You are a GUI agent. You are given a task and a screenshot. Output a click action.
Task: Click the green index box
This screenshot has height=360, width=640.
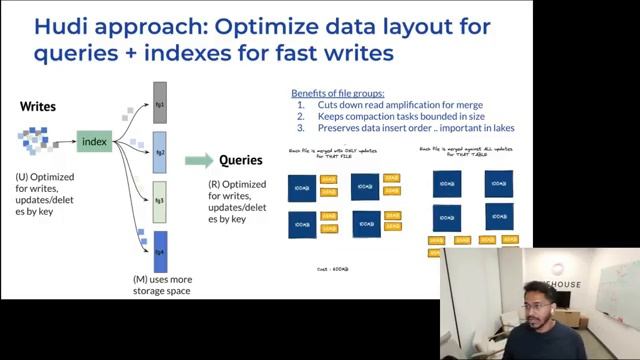pyautogui.click(x=94, y=142)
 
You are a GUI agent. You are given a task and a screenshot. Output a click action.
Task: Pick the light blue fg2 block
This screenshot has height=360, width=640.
pyautogui.click(x=159, y=155)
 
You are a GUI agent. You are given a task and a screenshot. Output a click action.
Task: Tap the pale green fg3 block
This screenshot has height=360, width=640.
pyautogui.click(x=159, y=201)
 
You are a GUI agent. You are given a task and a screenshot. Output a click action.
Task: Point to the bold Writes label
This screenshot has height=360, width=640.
pyautogui.click(x=38, y=106)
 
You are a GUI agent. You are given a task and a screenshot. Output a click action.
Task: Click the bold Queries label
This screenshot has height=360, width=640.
pyautogui.click(x=241, y=160)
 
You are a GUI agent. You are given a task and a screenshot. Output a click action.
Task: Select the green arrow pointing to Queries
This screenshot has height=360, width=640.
pyautogui.click(x=199, y=160)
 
